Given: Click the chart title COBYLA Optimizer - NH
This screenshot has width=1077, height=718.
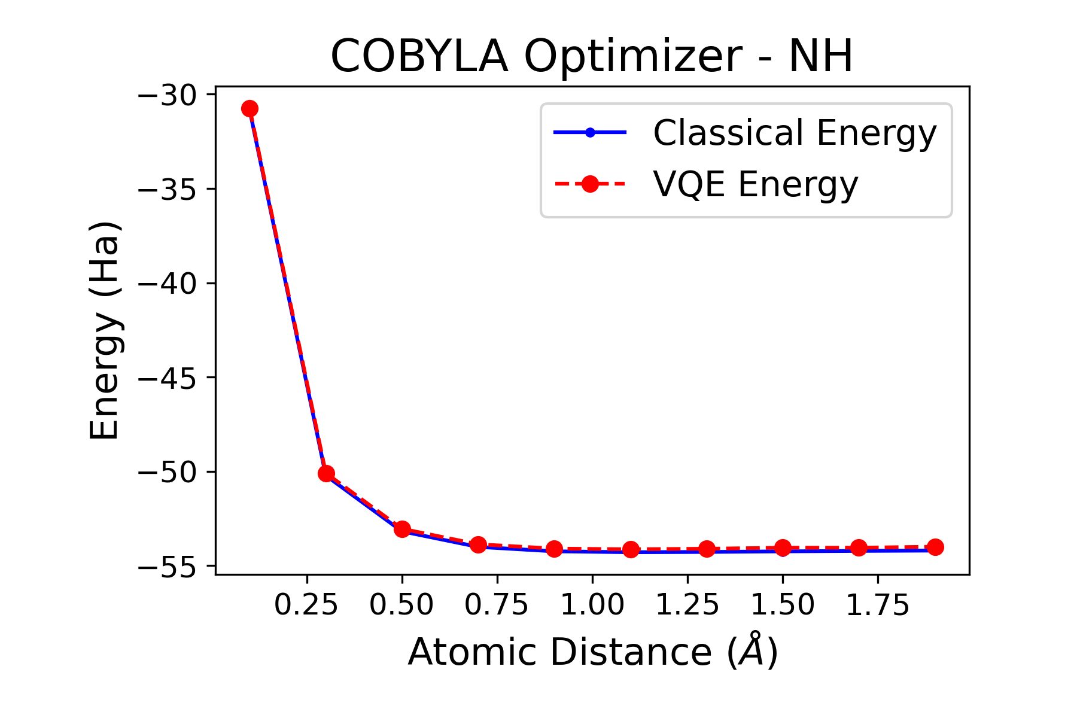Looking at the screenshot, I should (591, 57).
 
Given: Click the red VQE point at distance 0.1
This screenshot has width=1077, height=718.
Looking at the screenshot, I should (250, 108).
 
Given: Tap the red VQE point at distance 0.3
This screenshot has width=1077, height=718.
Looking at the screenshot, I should (326, 473).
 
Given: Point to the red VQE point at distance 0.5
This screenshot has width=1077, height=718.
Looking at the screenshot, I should (402, 529).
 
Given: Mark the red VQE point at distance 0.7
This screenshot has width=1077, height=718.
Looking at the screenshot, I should (478, 544).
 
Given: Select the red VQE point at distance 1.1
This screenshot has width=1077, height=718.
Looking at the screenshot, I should (631, 549).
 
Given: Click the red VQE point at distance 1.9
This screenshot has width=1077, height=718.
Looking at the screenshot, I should (935, 547).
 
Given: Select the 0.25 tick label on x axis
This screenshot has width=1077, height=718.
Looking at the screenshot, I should (306, 605).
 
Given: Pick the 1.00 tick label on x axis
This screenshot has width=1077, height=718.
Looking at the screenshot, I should (592, 605).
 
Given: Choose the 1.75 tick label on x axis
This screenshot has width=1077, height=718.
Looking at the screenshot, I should (878, 605).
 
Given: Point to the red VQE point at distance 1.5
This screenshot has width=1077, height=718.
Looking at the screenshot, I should (783, 547).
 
